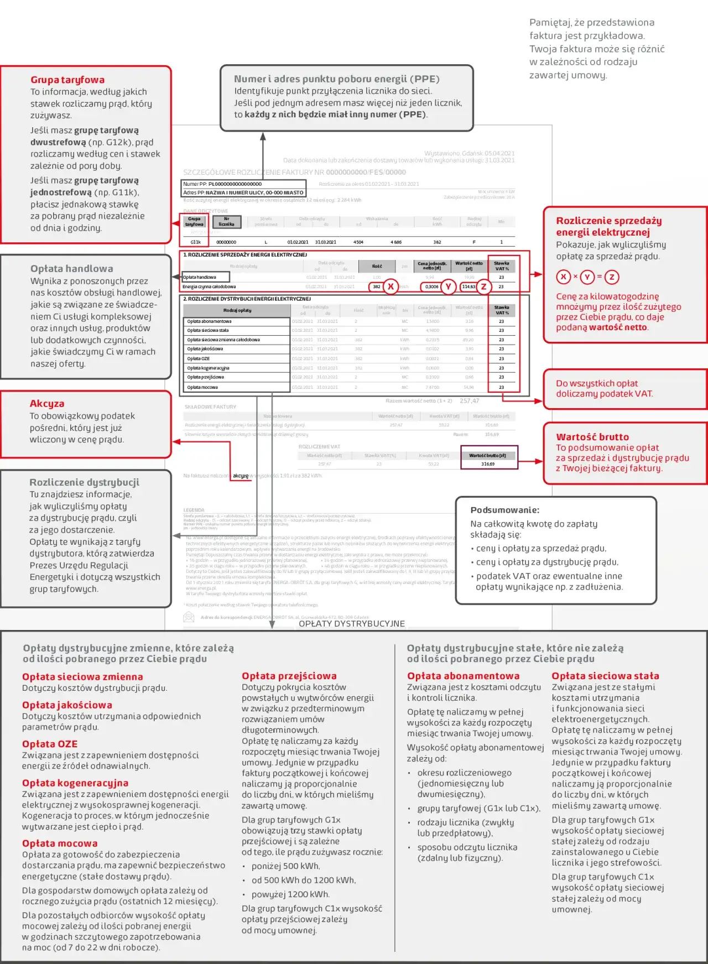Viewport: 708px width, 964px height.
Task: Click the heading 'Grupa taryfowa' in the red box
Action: [x=67, y=80]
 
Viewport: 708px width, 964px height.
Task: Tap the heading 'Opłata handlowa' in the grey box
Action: [x=71, y=269]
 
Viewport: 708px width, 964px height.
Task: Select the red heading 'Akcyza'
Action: [x=47, y=404]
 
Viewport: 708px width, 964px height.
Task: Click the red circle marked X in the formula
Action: [x=563, y=277]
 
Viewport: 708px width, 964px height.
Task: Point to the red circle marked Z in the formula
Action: [x=612, y=277]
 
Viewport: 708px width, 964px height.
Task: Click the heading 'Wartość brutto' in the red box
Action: [x=592, y=437]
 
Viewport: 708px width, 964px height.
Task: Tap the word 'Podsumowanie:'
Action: [x=504, y=510]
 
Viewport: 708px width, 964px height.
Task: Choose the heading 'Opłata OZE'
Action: [x=50, y=744]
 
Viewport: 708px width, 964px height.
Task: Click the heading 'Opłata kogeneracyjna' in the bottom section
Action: [x=75, y=783]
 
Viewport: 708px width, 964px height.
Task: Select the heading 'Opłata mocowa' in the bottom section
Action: [x=60, y=843]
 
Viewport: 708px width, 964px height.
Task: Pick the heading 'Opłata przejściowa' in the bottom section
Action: [x=289, y=676]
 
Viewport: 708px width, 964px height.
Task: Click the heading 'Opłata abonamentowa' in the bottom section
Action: [x=463, y=676]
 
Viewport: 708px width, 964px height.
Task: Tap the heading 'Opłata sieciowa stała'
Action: [x=605, y=676]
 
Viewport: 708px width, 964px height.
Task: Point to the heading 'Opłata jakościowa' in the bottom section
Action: [x=67, y=705]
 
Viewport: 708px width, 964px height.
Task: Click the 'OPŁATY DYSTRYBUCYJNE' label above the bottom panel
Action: [x=352, y=624]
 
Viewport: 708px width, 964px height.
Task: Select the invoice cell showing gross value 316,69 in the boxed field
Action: [x=488, y=464]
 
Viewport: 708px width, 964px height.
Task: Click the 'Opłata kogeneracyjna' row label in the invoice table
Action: [x=208, y=368]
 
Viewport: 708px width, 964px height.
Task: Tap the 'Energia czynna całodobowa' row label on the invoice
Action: [x=209, y=286]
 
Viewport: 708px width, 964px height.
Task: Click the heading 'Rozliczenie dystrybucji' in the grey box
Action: [x=84, y=482]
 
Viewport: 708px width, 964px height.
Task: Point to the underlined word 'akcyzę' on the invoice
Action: [x=241, y=476]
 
